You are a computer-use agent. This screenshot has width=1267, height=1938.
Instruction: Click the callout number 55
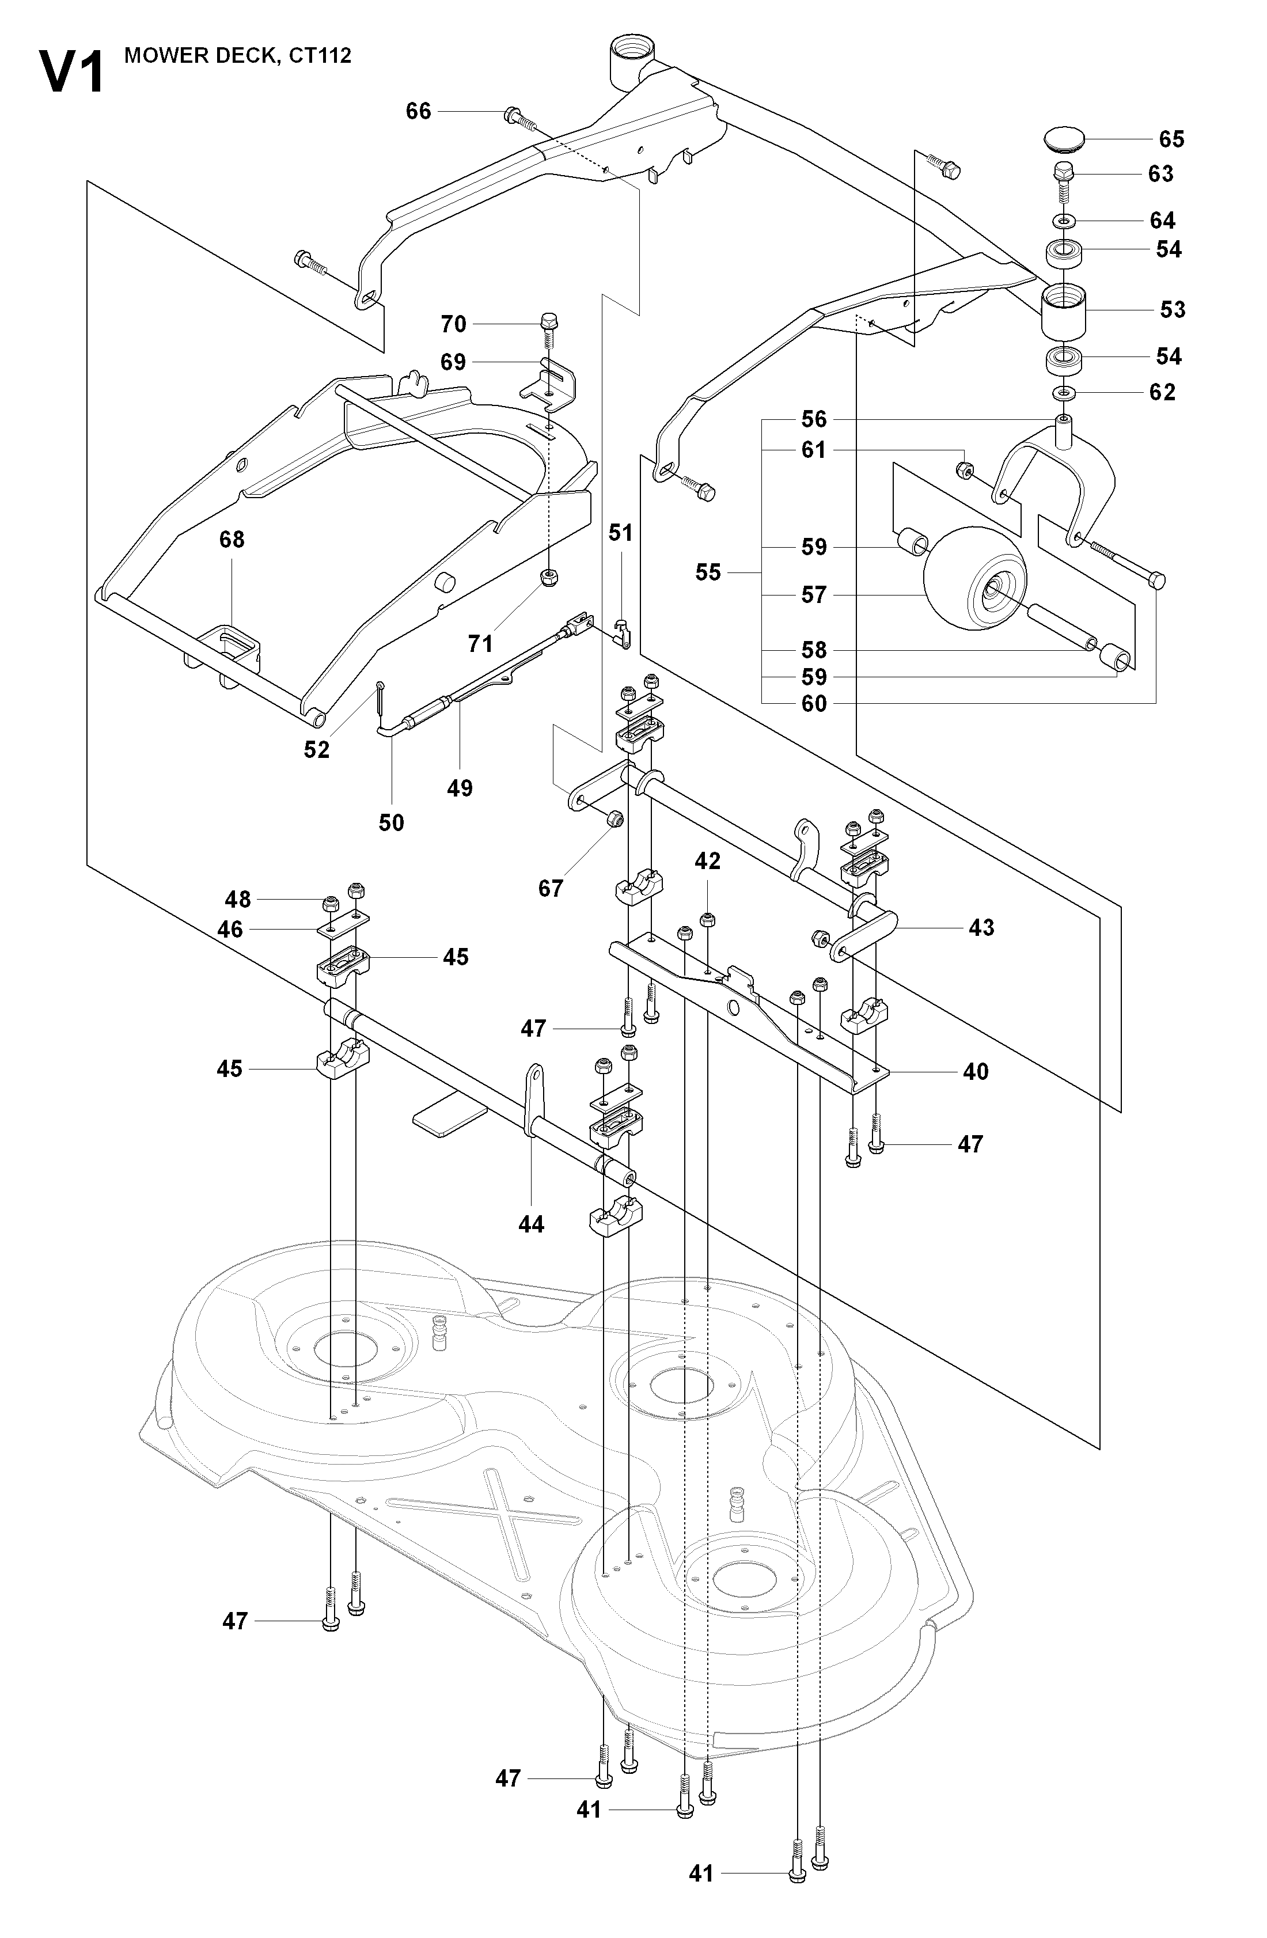tap(708, 572)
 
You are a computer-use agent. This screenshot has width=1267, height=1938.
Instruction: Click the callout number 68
tap(232, 540)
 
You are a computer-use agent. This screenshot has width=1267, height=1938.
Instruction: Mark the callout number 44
tap(531, 1247)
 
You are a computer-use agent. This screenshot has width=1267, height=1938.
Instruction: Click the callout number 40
tap(976, 1072)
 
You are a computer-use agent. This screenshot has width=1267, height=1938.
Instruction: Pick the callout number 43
tap(981, 927)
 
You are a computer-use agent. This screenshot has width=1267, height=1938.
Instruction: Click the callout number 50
tap(391, 822)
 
